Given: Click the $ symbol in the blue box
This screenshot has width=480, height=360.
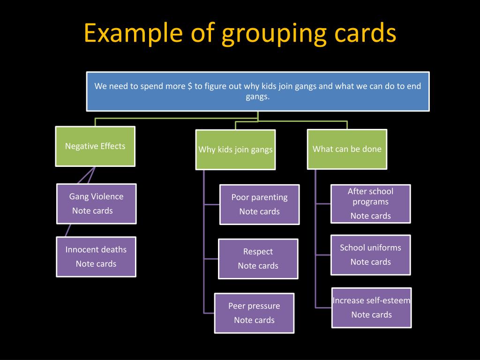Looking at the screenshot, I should [190, 86].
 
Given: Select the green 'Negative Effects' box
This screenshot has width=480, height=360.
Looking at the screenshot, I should [95, 146].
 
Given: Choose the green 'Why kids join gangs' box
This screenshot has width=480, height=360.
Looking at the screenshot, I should [235, 150].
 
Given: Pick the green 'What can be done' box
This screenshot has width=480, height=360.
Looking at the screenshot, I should [347, 149].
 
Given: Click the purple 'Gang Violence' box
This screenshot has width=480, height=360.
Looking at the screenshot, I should [97, 203].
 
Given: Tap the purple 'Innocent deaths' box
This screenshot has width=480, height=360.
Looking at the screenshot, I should [96, 256].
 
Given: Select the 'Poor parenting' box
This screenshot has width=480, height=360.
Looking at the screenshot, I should [259, 204].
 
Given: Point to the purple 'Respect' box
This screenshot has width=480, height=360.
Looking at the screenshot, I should [258, 258].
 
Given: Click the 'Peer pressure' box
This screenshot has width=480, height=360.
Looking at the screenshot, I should [254, 313].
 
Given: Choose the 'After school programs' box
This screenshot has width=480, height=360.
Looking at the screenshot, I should [370, 203].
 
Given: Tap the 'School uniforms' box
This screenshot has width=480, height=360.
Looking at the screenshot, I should [370, 255].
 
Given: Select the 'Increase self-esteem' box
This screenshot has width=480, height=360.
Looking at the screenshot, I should [371, 307].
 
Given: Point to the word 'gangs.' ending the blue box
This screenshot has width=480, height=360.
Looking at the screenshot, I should [258, 97].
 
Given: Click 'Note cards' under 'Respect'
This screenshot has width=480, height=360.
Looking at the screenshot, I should [258, 266].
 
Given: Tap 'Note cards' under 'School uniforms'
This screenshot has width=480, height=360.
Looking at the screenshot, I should [370, 262].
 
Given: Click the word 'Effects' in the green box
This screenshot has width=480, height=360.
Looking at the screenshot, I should [112, 146].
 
